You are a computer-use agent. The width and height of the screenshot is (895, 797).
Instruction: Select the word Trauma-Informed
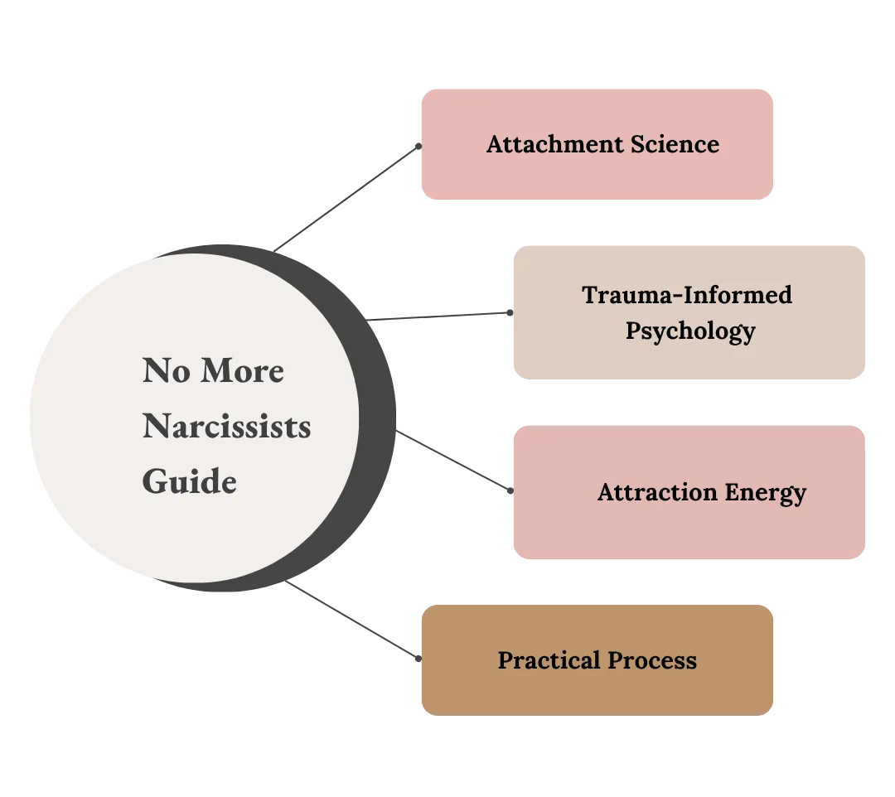(x=687, y=295)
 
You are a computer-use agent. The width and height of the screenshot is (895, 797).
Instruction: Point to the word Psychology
(x=690, y=331)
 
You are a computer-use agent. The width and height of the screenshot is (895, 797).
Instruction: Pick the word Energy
(x=765, y=493)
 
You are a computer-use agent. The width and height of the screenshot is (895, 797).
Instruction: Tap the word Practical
(x=549, y=660)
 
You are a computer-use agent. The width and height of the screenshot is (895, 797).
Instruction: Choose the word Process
(x=652, y=660)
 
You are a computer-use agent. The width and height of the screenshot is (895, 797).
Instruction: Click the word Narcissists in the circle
(x=226, y=427)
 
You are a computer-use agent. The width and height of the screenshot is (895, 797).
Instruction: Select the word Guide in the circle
(x=189, y=481)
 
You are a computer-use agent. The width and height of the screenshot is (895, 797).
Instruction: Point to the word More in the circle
(x=240, y=371)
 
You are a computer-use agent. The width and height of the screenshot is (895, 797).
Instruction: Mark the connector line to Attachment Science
(x=348, y=196)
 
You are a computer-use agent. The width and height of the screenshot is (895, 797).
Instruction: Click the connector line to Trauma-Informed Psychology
(x=443, y=316)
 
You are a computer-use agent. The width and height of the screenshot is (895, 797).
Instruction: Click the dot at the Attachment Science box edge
(x=418, y=145)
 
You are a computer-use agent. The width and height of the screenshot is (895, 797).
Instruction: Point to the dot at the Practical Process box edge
(x=418, y=659)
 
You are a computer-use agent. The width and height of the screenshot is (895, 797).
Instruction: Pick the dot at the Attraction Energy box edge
(x=510, y=492)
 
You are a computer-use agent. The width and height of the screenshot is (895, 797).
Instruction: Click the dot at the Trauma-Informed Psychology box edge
(x=510, y=313)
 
